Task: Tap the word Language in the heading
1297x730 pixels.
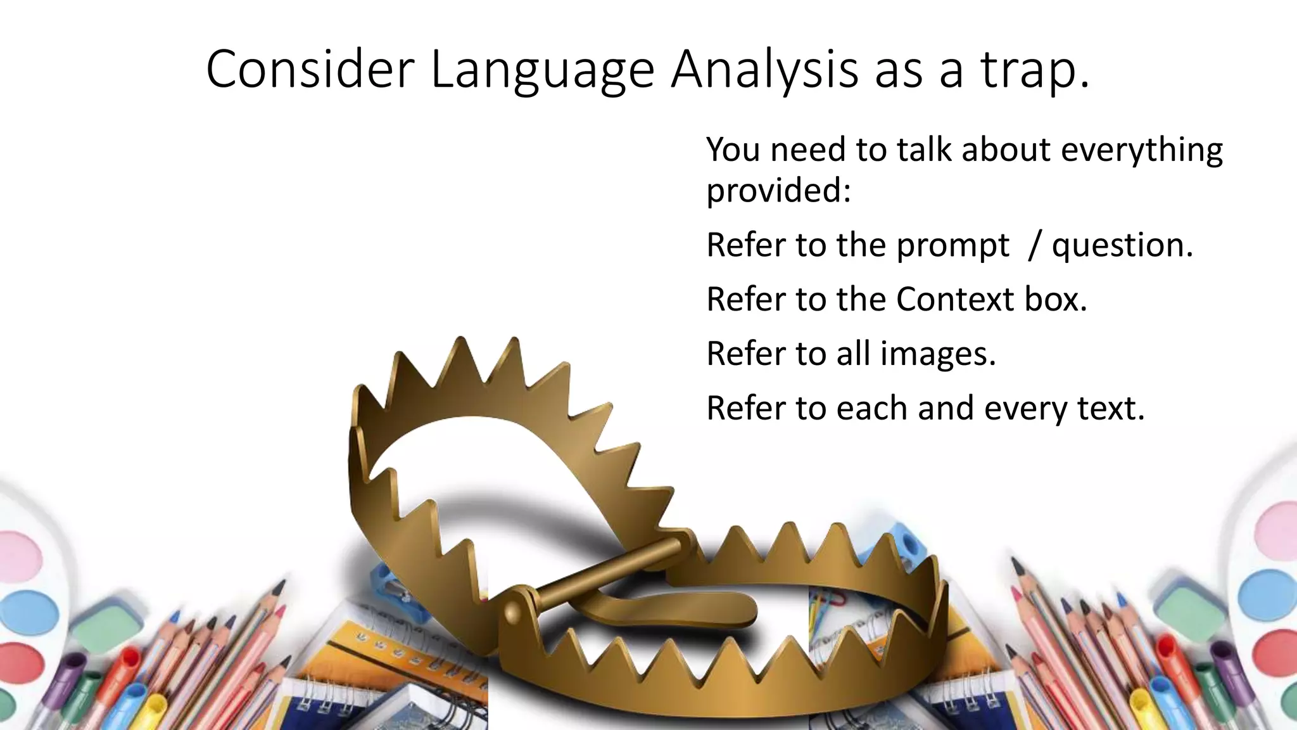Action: (x=542, y=71)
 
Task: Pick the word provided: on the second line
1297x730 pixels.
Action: (x=778, y=191)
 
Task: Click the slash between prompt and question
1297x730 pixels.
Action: (x=1034, y=246)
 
